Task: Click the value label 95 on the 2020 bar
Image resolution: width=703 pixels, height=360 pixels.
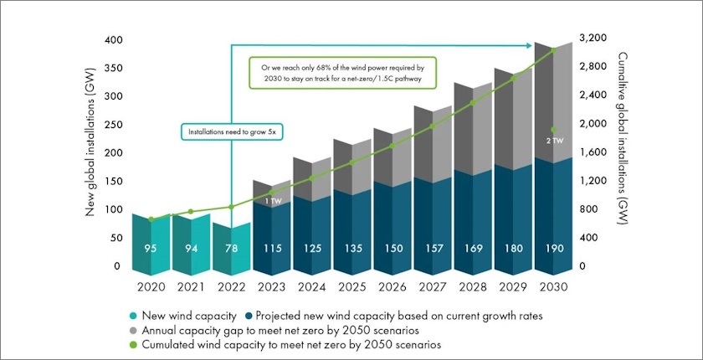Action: click(151, 248)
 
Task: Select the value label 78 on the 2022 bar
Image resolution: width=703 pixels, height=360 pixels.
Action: click(233, 248)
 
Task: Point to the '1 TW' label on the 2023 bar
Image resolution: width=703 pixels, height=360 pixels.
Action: click(273, 202)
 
